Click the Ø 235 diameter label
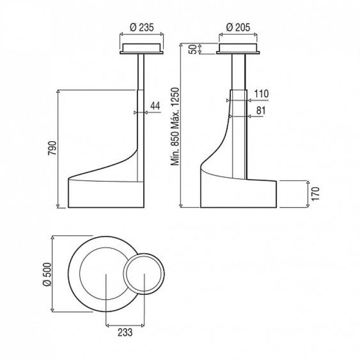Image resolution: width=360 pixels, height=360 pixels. click(x=142, y=27)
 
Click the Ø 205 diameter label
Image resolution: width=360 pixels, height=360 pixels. click(x=238, y=27)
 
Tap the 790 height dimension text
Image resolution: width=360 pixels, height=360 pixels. click(x=52, y=148)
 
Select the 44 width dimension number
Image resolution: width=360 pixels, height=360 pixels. click(x=155, y=106)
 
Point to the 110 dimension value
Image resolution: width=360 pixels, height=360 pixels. click(x=261, y=94)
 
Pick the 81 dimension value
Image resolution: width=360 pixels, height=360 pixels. click(x=261, y=110)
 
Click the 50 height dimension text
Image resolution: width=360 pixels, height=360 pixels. click(x=193, y=49)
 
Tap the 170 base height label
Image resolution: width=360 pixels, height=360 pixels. click(x=316, y=194)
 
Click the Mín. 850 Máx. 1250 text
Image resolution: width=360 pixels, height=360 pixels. click(x=175, y=126)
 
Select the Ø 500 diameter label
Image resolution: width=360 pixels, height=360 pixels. click(x=47, y=274)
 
